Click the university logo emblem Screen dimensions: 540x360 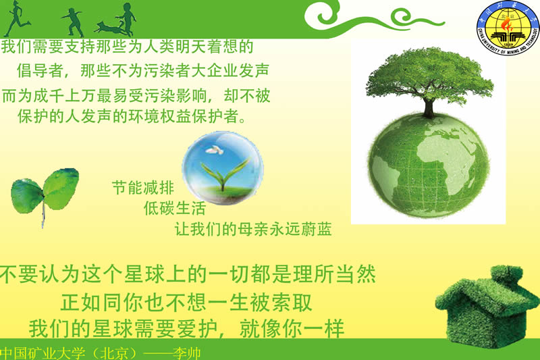(x=508, y=27)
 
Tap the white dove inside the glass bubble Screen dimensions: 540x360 (x=214, y=150)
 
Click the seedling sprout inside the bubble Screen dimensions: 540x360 (x=225, y=174)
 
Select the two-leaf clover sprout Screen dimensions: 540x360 (x=45, y=193)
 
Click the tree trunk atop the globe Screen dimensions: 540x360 (x=429, y=107)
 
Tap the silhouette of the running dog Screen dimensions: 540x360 (x=109, y=28)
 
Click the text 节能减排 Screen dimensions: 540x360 (x=143, y=188)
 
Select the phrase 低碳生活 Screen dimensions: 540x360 (x=175, y=209)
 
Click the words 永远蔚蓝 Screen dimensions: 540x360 (x=300, y=229)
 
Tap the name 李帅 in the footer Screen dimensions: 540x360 (x=187, y=354)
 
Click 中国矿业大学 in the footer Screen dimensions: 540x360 (x=43, y=354)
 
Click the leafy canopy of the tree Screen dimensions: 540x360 (x=429, y=75)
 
